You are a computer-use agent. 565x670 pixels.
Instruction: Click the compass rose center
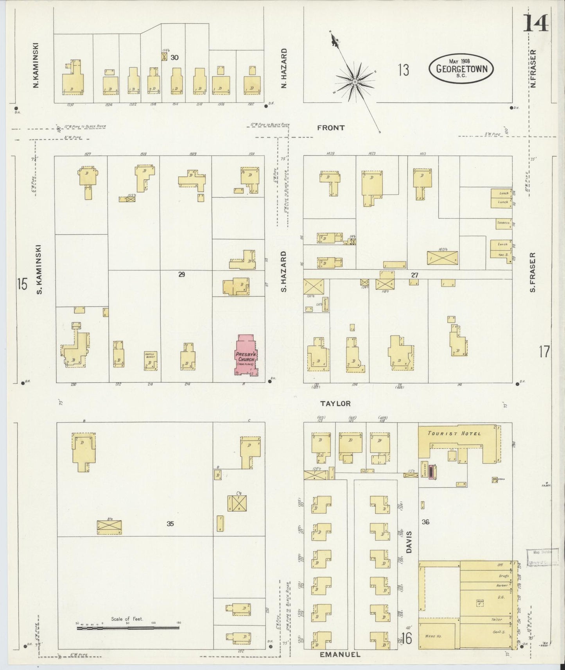click(354, 82)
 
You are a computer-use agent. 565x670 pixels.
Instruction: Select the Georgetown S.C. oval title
click(461, 69)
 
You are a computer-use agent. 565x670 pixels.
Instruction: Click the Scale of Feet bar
click(128, 628)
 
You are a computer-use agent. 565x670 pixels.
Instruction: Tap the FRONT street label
click(331, 128)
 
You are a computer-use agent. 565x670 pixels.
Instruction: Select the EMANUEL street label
click(340, 654)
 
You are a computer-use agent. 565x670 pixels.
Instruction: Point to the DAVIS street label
click(409, 542)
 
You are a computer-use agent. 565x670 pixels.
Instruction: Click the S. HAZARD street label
click(284, 271)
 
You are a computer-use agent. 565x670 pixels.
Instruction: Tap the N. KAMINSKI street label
click(36, 65)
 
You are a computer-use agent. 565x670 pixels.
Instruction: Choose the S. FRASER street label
click(533, 272)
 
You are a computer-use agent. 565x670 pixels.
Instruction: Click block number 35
click(170, 524)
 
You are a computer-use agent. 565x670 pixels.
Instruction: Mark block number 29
click(181, 274)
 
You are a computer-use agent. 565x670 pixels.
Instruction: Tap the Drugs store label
click(504, 576)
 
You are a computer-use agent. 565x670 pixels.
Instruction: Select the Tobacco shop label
click(502, 222)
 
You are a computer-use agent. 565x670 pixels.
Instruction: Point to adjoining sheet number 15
click(22, 284)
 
